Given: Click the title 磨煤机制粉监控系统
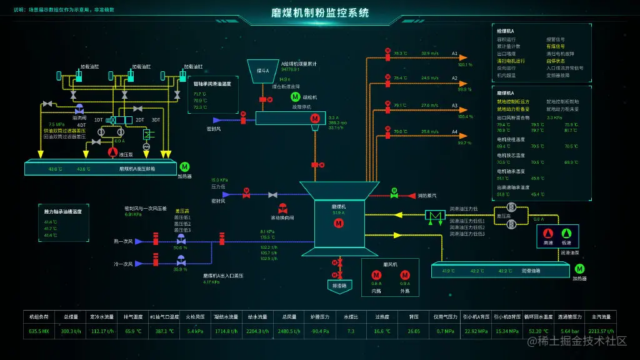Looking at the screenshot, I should pyautogui.click(x=320, y=12).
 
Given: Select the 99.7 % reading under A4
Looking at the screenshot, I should pyautogui.click(x=464, y=143).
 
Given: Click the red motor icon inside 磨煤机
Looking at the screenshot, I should pyautogui.click(x=339, y=223).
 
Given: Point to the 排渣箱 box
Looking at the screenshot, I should pyautogui.click(x=340, y=285).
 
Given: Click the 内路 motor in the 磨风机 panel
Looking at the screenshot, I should pyautogui.click(x=376, y=275).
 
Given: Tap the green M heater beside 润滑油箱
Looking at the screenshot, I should pyautogui.click(x=579, y=269).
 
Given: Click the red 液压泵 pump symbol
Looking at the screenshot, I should pyautogui.click(x=112, y=152).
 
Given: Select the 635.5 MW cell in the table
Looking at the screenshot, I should pyautogui.click(x=39, y=331).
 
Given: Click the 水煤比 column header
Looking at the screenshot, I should pyautogui.click(x=351, y=316).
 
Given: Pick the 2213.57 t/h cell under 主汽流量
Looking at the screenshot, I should pyautogui.click(x=601, y=331).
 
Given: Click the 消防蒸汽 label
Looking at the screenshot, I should pyautogui.click(x=427, y=196).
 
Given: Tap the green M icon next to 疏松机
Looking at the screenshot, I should pyautogui.click(x=294, y=97).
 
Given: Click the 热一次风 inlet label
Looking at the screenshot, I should pyautogui.click(x=123, y=241).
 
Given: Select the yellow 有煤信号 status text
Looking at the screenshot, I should pyautogui.click(x=556, y=46).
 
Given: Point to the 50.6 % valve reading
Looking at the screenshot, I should pyautogui.click(x=181, y=248).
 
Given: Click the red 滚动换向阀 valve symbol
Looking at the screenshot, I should pyautogui.click(x=282, y=208).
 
